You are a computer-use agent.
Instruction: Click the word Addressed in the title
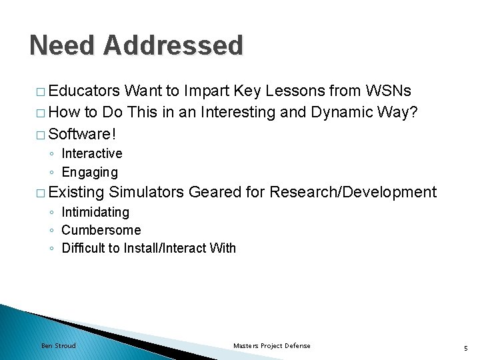click(173, 45)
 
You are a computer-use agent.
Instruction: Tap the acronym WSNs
click(388, 91)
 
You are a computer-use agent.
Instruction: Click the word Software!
click(83, 134)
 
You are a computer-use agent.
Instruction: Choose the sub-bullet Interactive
click(92, 153)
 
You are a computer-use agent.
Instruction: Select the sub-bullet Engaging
click(89, 173)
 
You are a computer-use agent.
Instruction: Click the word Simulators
click(146, 193)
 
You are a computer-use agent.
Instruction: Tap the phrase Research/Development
click(353, 193)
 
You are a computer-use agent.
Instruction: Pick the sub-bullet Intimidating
click(95, 212)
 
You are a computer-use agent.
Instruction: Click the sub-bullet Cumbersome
click(101, 230)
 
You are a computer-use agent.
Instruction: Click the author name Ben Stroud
click(59, 345)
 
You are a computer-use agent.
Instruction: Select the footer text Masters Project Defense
click(271, 345)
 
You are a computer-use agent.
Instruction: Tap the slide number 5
click(466, 347)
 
